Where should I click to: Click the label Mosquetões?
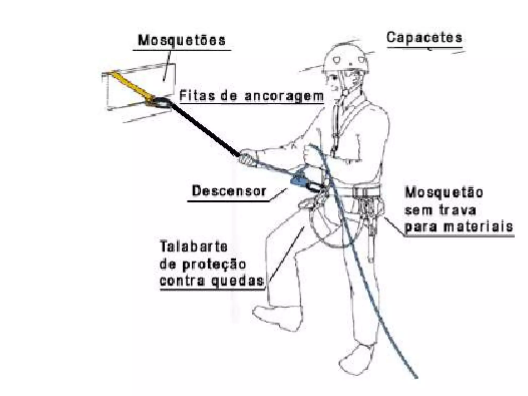(x=182, y=40)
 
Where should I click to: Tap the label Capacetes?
(x=424, y=38)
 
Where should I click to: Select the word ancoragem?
(x=284, y=96)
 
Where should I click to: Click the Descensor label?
(x=229, y=191)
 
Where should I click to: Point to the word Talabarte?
(x=194, y=246)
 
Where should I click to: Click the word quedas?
(x=238, y=280)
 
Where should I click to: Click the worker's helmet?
(x=345, y=58)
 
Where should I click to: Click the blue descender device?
(x=299, y=179)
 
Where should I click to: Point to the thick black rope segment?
(x=204, y=129)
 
